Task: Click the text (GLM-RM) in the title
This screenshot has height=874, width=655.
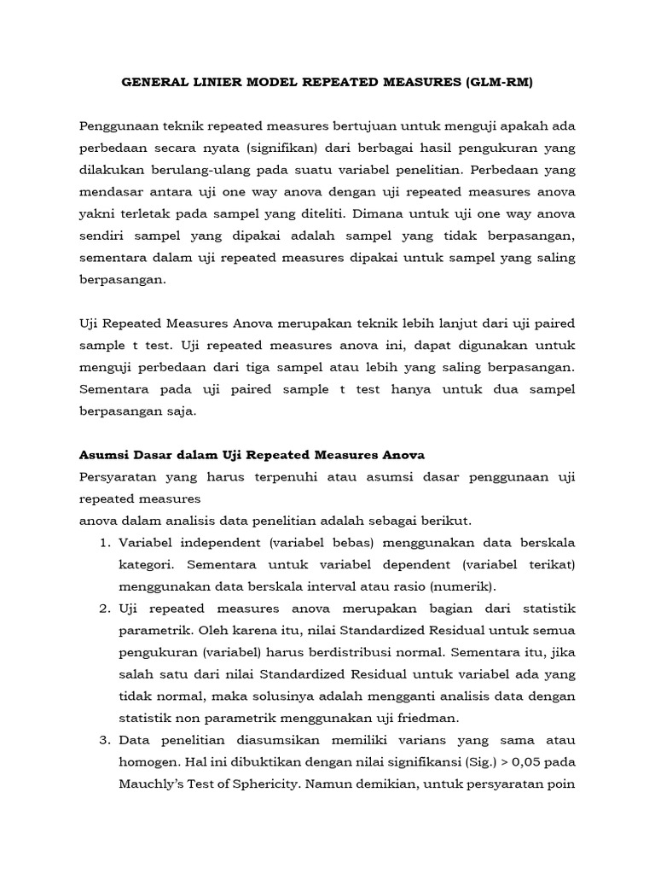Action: pos(503,82)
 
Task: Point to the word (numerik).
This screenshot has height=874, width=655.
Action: pos(462,586)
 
